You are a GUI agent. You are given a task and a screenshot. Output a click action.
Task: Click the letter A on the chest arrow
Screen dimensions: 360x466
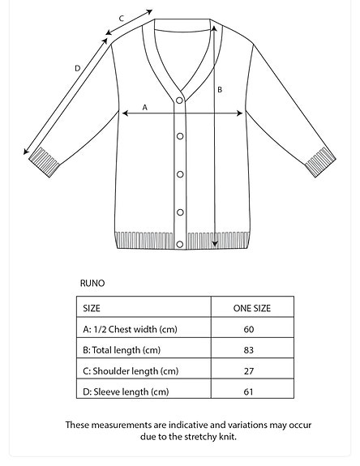(145, 107)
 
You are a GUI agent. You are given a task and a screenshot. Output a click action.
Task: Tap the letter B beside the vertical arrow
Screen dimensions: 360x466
(220, 90)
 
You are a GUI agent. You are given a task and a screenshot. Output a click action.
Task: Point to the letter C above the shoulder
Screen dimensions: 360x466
(121, 19)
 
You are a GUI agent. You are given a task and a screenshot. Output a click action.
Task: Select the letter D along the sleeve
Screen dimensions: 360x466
(78, 69)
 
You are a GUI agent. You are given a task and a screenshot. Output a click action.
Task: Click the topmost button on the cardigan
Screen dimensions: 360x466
(180, 100)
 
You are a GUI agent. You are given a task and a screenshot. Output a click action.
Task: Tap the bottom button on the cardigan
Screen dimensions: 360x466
(180, 213)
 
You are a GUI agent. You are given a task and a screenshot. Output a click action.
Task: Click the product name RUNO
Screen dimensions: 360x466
(92, 284)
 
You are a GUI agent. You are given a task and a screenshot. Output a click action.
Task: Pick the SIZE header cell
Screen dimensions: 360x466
(92, 309)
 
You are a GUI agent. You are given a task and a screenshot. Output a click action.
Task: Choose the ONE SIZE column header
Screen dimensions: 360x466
(252, 309)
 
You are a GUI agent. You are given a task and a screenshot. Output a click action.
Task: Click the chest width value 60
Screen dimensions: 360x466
(249, 330)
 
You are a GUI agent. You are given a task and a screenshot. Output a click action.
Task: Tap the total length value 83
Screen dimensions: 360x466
(249, 351)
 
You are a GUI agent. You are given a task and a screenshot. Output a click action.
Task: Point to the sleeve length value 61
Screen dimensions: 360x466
(249, 392)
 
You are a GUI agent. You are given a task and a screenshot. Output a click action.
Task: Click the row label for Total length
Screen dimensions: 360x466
(122, 351)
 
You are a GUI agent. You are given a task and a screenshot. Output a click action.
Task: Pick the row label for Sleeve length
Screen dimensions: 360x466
(126, 392)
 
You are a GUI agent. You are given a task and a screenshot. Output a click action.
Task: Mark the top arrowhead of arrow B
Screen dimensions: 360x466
(214, 27)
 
